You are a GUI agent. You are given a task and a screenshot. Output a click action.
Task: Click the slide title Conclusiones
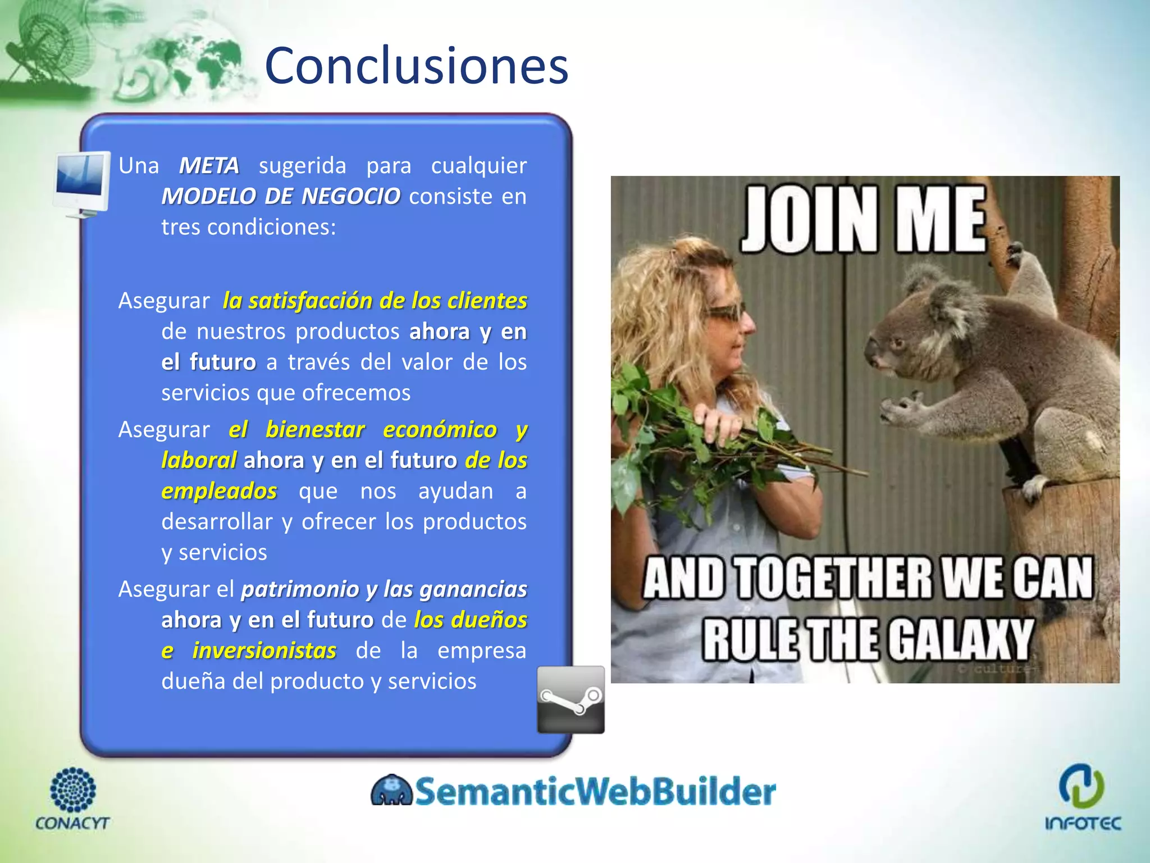(416, 66)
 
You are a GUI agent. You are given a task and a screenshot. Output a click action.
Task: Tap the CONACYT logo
(72, 798)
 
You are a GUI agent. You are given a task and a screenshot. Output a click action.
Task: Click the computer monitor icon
(83, 183)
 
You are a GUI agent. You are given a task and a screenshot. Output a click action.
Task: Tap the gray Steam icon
(571, 700)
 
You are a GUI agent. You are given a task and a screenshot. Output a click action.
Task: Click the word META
(209, 166)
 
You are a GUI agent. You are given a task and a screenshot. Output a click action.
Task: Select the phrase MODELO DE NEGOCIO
(281, 197)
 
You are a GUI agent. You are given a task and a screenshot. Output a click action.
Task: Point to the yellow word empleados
(219, 491)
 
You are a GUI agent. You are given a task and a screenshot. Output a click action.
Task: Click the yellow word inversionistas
(264, 651)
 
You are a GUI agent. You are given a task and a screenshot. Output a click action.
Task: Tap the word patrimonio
(300, 589)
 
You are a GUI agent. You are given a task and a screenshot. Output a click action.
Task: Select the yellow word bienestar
(315, 430)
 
